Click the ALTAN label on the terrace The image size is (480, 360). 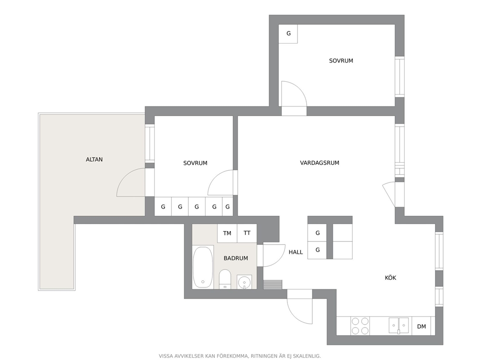pyautogui.click(x=94, y=160)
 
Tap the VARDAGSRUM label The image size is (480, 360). pyautogui.click(x=319, y=163)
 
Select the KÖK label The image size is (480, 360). pyautogui.click(x=390, y=278)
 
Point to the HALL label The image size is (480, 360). pyautogui.click(x=296, y=252)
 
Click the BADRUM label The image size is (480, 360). pyautogui.click(x=236, y=258)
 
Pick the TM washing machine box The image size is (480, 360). pyautogui.click(x=227, y=233)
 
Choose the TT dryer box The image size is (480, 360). pyautogui.click(x=247, y=233)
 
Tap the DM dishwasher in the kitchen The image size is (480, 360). pyautogui.click(x=421, y=326)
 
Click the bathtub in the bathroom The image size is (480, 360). pyautogui.click(x=203, y=267)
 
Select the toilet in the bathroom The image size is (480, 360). pyautogui.click(x=225, y=279)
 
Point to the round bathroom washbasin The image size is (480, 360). pyautogui.click(x=244, y=282)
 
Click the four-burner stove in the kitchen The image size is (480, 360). pyautogui.click(x=360, y=326)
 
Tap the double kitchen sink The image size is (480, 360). pyautogui.click(x=399, y=326)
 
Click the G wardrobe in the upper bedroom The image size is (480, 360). pyautogui.click(x=288, y=34)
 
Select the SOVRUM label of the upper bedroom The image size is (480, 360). pyautogui.click(x=341, y=60)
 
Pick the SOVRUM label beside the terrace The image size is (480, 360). pyautogui.click(x=195, y=163)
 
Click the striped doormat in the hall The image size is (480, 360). pyautogui.click(x=272, y=285)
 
